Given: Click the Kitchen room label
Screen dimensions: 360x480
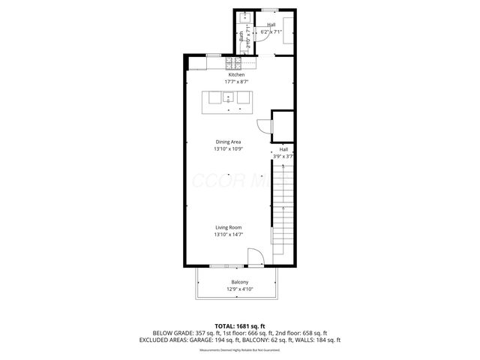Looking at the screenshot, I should pos(236,75).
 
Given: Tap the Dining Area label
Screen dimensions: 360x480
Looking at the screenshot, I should pos(228,142).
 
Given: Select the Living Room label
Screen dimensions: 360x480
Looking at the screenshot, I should pos(228,227).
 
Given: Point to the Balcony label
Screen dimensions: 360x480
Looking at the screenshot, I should pos(240,282).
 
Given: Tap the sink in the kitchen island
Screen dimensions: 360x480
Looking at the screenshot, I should pos(229,97).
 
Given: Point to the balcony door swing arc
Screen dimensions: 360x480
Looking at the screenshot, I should pos(255,259).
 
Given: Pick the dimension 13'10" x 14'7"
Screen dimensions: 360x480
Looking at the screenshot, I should pos(228,235).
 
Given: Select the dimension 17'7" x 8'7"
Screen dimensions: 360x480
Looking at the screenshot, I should pos(236,82).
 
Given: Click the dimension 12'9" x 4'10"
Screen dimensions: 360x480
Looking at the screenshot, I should pos(240,289).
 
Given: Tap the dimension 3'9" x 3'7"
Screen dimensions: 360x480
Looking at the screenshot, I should pos(284,156).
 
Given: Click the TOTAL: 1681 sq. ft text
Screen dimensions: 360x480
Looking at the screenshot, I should pos(240,325).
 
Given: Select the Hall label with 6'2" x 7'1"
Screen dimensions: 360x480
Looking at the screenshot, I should pos(271,25).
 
